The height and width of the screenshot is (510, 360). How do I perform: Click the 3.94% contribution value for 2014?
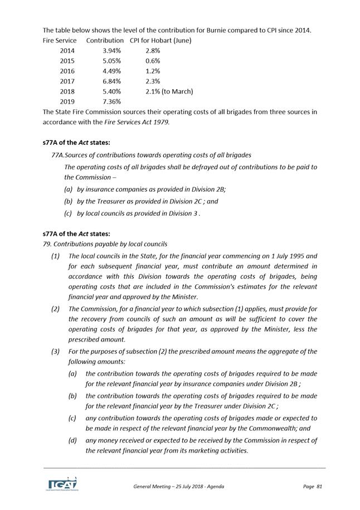(112, 51)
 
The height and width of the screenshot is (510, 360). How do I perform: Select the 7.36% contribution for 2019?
(112, 101)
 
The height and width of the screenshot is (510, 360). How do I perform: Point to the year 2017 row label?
(67, 81)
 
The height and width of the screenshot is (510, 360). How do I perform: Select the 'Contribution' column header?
(105, 41)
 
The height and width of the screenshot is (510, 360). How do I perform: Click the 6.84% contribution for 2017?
(112, 81)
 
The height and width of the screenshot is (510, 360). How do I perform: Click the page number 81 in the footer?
(319, 487)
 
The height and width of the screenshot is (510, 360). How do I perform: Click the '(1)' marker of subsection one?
(55, 256)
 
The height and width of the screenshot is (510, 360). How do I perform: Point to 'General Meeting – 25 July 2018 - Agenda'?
(178, 487)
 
